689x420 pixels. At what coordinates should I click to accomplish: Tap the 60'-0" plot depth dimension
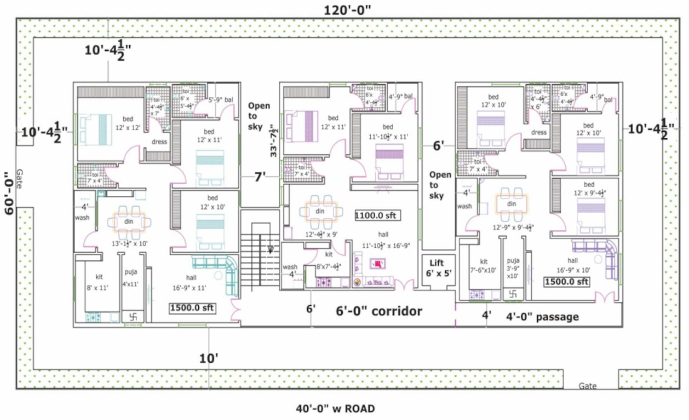pos(8,194)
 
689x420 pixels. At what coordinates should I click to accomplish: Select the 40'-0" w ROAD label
pos(335,408)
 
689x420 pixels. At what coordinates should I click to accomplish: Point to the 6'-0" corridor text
pos(378,311)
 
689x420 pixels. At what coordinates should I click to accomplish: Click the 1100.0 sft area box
pos(377,215)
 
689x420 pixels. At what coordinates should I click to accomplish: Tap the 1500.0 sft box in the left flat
pos(192,308)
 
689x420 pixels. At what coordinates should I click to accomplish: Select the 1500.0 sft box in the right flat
pos(566,282)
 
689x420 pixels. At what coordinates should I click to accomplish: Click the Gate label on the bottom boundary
pos(588,386)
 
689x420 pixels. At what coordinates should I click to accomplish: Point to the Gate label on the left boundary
pos(20,178)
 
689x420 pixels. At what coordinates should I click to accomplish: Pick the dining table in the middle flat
pos(318,211)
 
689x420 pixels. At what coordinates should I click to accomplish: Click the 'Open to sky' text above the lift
pos(440,185)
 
